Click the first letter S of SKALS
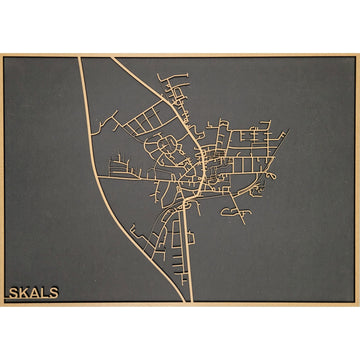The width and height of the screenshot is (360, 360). point(13,293)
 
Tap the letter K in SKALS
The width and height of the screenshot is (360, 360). point(23,293)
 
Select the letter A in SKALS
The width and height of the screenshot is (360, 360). point(34,293)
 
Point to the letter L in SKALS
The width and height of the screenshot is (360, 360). point(44,293)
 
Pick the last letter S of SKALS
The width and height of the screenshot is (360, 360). point(53,293)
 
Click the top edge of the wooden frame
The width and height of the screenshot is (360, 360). point(180,55)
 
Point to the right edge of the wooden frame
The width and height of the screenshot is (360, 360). point(357,180)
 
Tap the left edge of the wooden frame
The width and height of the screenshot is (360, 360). point(2,180)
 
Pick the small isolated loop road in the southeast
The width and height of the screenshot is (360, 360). point(234,213)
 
